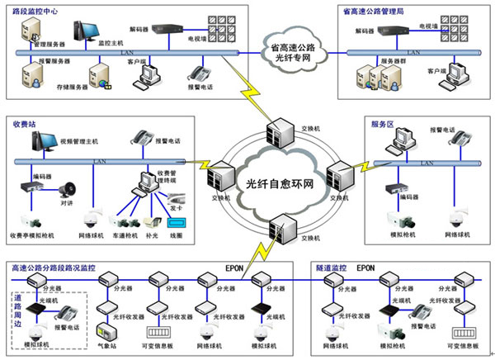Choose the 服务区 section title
click(384, 124)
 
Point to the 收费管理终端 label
click(172, 174)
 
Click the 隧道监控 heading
click(333, 268)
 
